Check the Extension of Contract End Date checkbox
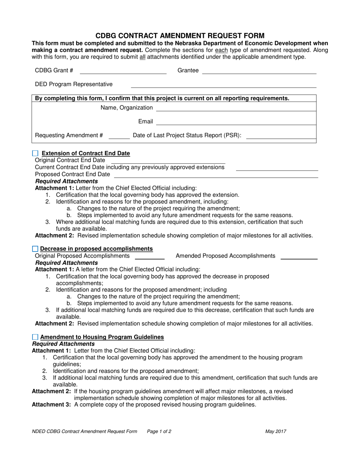pos(35,153)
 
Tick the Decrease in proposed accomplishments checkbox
pos(35,249)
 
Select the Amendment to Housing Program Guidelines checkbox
pos(35,337)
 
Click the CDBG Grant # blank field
pos(123,71)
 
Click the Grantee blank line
pos(259,71)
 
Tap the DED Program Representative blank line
pos(223,84)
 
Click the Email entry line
pos(236,122)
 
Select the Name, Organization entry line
pos(236,108)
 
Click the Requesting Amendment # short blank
pos(119,136)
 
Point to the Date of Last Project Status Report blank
pos(281,136)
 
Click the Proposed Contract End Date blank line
pos(216,174)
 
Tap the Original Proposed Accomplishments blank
pos(150,256)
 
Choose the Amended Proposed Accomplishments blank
pos(299,256)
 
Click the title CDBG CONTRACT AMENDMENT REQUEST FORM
pos(180,36)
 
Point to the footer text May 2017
pos(275,431)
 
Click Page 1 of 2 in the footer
pos(159,431)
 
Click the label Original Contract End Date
pos(70,160)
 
